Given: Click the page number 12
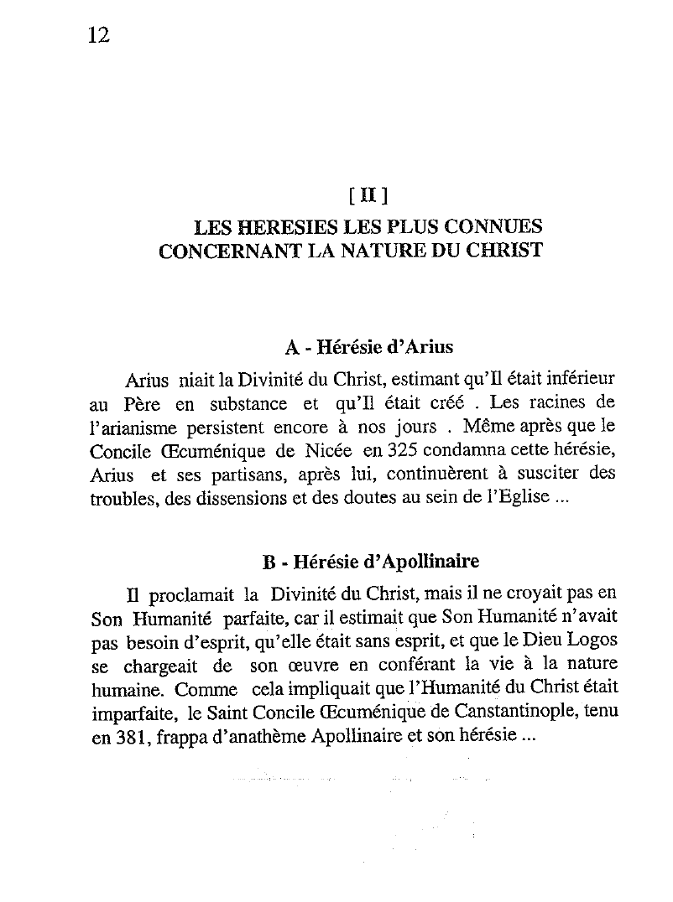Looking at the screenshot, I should point(99,35).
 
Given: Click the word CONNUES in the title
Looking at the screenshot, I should point(491,227).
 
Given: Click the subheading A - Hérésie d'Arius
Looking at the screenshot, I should point(368,346).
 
